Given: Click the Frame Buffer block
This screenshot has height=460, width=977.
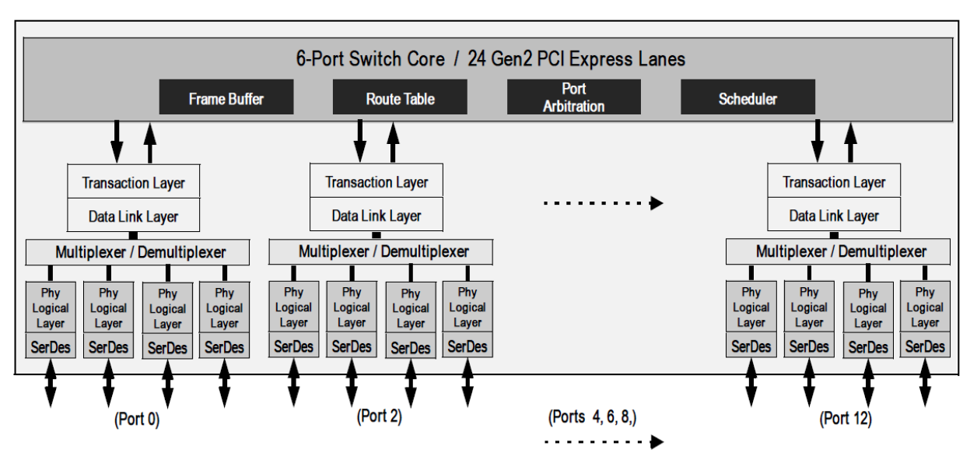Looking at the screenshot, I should pos(226,99).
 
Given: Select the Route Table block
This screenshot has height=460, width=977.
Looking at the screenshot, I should pos(400,99).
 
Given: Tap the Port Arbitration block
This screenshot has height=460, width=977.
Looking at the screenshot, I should pos(573,97).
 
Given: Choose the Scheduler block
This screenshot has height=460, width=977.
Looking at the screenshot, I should pos(748,99).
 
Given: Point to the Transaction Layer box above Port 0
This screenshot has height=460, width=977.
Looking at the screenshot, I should pos(134,183).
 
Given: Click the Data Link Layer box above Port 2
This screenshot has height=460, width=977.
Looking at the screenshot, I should pos(376,216).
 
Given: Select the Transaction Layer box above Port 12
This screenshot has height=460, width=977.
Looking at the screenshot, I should pos(834,182).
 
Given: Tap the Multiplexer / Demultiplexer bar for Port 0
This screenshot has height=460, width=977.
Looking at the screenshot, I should pos(138,252).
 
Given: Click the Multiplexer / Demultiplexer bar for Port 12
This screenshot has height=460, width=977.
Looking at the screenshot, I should pos(837,252).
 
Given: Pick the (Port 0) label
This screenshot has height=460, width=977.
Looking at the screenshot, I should pos(137,420).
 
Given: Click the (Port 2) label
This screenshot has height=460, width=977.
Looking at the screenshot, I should pos(379,416).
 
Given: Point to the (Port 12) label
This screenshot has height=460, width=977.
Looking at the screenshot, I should pos(845,419).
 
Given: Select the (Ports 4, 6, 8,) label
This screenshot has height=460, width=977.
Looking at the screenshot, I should pos(593,417).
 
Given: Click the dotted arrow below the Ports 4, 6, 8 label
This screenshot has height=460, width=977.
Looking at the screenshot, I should pos(603,442).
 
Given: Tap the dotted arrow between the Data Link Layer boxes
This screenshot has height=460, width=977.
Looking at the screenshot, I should pos(603,204).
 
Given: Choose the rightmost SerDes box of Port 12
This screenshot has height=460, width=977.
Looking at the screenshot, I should pos(925,346).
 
